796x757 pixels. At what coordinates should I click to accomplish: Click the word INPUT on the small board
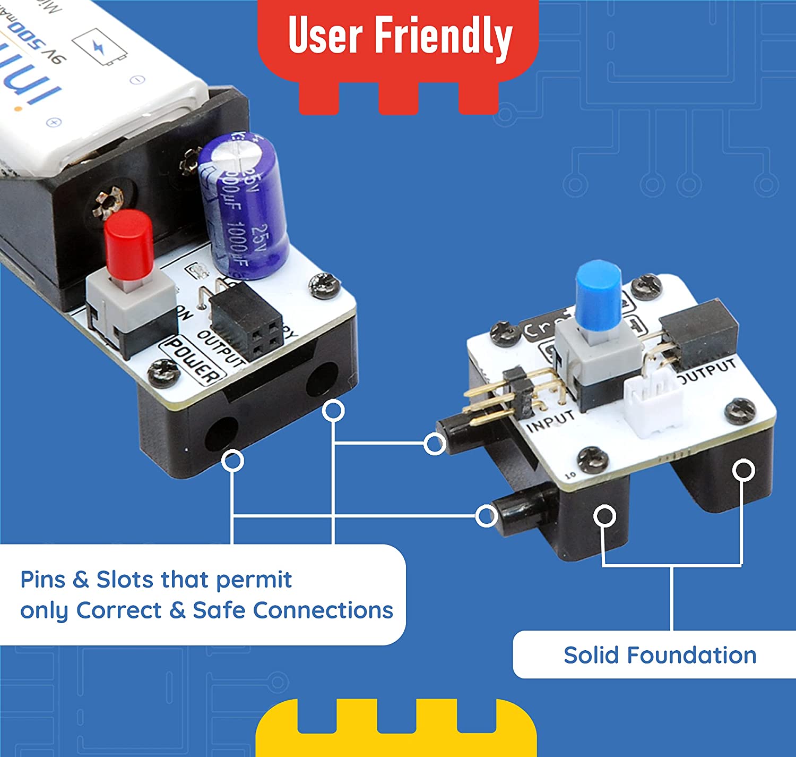[x=550, y=420]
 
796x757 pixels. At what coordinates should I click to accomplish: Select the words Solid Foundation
[x=660, y=655]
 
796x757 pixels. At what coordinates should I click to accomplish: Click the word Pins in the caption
[x=42, y=580]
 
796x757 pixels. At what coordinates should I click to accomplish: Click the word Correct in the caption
[x=118, y=610]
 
